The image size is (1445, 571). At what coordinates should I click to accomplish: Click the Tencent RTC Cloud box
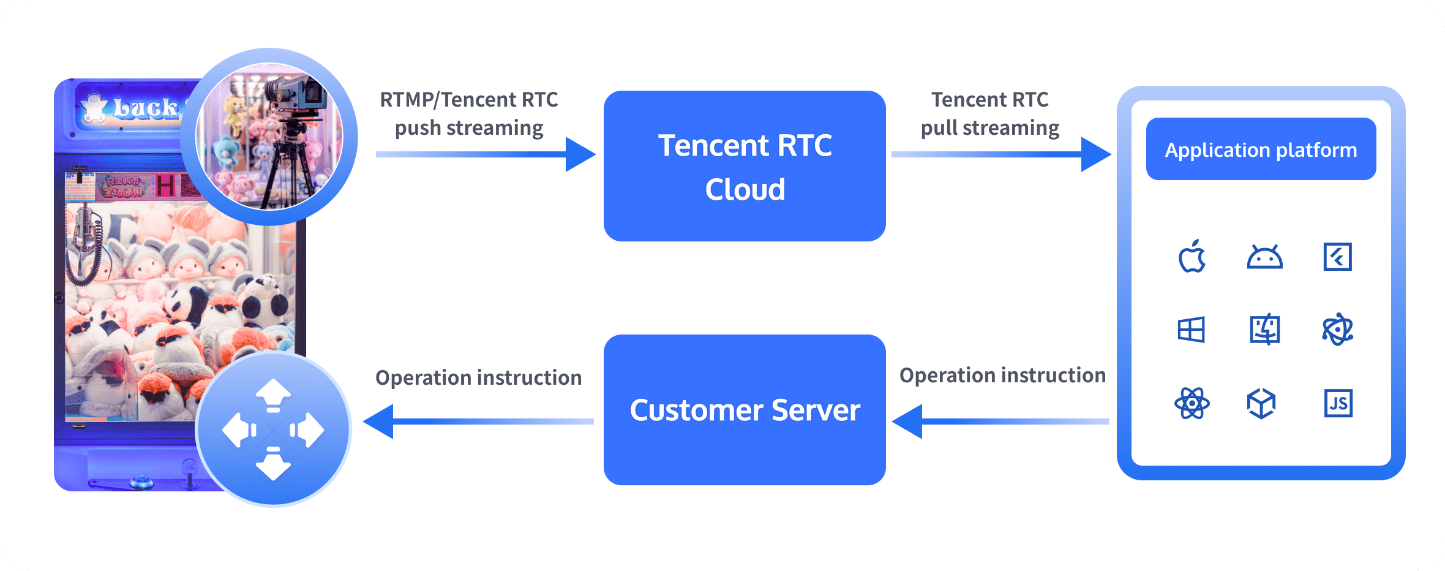coord(745,166)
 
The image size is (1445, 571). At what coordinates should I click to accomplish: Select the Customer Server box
coord(745,410)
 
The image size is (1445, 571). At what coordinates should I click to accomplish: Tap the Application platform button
coord(1261,149)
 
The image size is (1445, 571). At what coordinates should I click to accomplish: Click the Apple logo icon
coord(1192,257)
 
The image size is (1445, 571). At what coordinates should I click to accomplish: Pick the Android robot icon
coord(1264,257)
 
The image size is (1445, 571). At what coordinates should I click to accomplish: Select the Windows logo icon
coord(1191,330)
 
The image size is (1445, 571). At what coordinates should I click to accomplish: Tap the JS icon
coord(1338,403)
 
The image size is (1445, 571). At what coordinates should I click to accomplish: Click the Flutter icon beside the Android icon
coord(1337,257)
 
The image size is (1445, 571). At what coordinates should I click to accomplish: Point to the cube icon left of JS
coord(1261,403)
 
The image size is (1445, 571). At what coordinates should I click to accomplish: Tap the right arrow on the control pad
coord(309,430)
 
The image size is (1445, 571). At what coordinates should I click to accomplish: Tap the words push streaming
coord(469,128)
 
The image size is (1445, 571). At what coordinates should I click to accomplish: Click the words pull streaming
coord(990,128)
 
